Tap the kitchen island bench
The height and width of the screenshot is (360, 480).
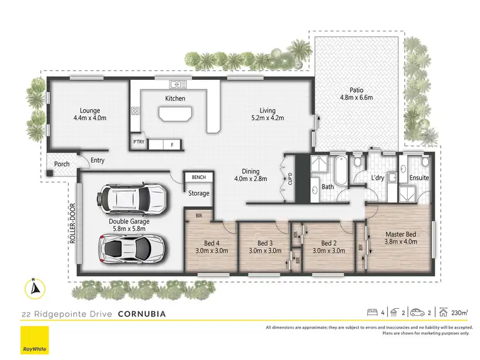175,114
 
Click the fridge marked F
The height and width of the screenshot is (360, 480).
172,145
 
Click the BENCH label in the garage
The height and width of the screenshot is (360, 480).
196,177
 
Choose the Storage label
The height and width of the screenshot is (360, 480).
198,193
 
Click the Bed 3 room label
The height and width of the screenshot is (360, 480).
265,243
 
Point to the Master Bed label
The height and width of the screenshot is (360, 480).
401,234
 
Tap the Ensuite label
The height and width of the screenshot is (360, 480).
419,177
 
